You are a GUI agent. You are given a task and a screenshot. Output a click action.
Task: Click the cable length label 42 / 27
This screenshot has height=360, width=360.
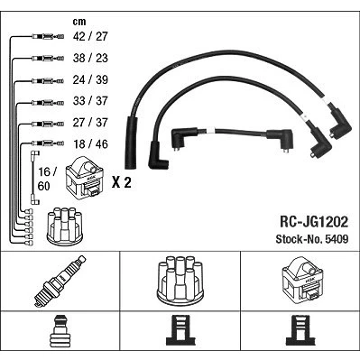[90, 36]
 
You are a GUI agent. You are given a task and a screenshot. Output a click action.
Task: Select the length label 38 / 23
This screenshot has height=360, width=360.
[90, 58]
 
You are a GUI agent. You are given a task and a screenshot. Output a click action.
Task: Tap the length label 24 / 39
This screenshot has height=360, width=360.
[90, 79]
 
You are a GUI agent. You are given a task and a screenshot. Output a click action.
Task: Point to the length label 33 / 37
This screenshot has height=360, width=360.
[90, 101]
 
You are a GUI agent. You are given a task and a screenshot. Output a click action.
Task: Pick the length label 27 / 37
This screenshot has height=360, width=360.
[90, 123]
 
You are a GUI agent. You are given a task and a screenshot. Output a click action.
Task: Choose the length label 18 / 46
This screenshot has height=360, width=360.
[90, 144]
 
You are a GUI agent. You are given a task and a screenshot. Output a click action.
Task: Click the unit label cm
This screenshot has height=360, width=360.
[79, 22]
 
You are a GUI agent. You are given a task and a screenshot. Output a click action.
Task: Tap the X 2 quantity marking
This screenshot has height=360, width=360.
[122, 182]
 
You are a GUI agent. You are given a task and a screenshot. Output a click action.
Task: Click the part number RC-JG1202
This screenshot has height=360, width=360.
[314, 222]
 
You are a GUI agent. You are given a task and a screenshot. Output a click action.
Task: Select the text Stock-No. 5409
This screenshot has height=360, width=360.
[312, 239]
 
